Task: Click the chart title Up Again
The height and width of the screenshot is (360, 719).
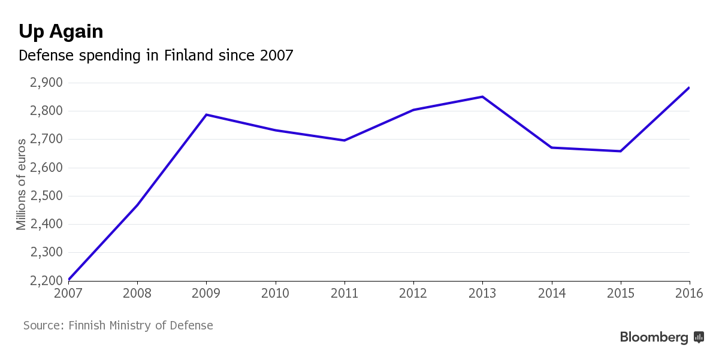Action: (x=61, y=31)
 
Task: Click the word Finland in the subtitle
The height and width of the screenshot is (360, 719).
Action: (x=189, y=56)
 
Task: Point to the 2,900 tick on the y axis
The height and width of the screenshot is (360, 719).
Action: (x=46, y=83)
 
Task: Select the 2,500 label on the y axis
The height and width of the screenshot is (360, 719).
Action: (x=46, y=196)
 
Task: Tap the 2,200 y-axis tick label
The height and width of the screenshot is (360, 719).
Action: (x=46, y=281)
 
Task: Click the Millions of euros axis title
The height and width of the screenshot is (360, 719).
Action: (x=22, y=184)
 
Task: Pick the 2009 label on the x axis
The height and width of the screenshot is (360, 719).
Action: (x=206, y=294)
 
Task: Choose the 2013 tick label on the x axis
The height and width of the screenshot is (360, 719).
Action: (x=482, y=294)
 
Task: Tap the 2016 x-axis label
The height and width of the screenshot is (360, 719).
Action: (x=688, y=294)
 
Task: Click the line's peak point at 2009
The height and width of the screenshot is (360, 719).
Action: (x=206, y=114)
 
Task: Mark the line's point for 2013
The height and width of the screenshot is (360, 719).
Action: (x=482, y=96)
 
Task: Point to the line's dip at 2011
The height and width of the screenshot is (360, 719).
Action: (x=345, y=140)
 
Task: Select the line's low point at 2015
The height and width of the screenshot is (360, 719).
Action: (x=620, y=151)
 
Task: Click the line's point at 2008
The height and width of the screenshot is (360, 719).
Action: (x=137, y=205)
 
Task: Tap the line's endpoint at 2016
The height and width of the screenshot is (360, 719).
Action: (x=689, y=88)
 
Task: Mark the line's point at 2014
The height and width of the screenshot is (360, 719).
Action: (x=551, y=147)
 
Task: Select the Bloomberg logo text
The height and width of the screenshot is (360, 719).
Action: (x=654, y=337)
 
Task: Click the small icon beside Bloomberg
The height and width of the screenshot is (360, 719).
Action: (x=699, y=337)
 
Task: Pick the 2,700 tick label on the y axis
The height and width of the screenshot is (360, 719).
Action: (x=46, y=140)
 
